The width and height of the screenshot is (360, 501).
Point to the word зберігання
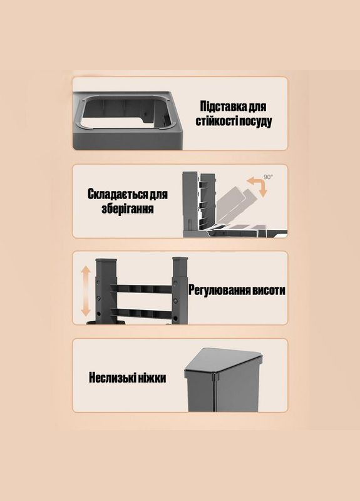(128, 209)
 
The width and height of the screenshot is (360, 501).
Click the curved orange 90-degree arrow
(255, 186)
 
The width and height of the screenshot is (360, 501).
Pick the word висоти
(269, 291)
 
